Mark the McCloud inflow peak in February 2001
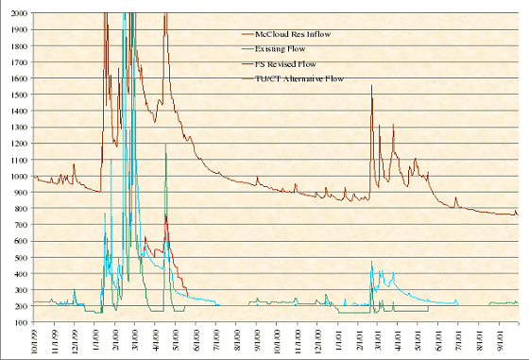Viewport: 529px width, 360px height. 371,86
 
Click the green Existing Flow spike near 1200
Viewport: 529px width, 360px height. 166,145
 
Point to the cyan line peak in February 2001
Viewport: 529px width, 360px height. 371,263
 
